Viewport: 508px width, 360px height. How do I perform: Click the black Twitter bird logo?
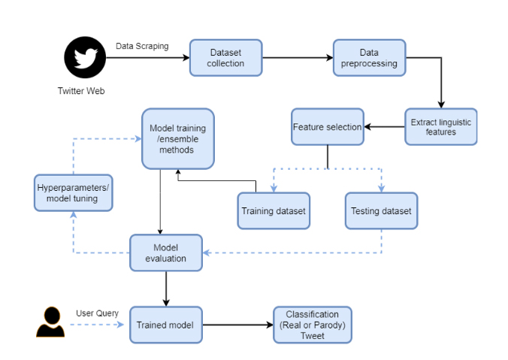click(x=85, y=57)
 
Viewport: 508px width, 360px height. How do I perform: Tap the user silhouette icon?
click(x=50, y=322)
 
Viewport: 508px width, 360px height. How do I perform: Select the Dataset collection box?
click(x=225, y=58)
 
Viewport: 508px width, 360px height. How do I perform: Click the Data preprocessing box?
click(x=369, y=58)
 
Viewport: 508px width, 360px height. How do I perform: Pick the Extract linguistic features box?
click(x=441, y=127)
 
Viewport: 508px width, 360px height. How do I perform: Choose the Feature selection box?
click(x=328, y=127)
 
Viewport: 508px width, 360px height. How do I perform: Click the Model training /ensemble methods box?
click(x=178, y=139)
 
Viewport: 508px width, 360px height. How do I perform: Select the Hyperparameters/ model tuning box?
click(x=74, y=193)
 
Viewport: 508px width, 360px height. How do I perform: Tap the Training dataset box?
click(x=274, y=211)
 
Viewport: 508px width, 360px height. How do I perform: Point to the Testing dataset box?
click(x=381, y=211)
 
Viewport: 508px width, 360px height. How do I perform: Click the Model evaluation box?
click(x=166, y=253)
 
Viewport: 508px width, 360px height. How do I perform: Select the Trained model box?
click(x=166, y=325)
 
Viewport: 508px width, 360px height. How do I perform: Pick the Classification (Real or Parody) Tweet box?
click(x=313, y=325)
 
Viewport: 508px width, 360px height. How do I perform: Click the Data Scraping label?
click(x=142, y=47)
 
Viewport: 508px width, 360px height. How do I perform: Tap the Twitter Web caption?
click(x=81, y=91)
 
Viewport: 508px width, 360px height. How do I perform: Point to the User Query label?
click(x=97, y=313)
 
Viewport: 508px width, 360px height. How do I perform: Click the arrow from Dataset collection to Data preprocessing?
click(x=298, y=58)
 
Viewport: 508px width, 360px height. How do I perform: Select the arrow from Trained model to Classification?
click(x=238, y=325)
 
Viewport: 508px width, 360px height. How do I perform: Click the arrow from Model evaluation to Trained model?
click(x=166, y=289)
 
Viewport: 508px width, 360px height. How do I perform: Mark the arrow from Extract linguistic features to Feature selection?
click(x=384, y=127)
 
